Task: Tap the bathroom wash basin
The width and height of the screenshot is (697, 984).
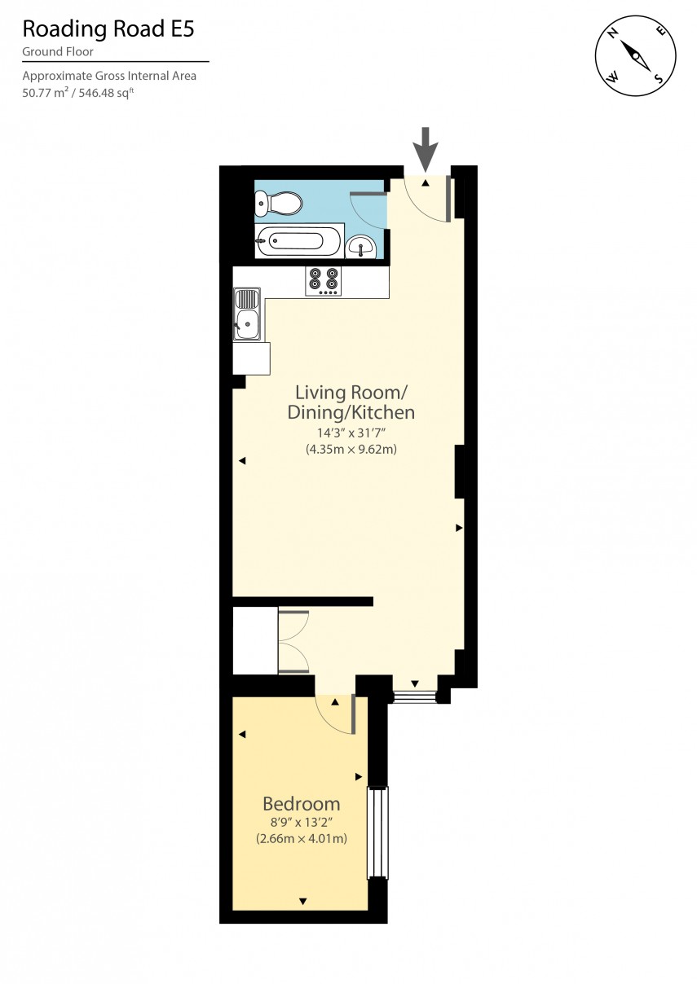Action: coord(360,245)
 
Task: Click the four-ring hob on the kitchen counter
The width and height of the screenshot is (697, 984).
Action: coord(323,280)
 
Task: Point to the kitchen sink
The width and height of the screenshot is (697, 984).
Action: coord(246,314)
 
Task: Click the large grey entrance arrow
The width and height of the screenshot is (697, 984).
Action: coord(425,149)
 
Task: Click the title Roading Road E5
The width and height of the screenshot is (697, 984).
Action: coord(108,30)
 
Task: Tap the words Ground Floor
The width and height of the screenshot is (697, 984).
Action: coord(57,52)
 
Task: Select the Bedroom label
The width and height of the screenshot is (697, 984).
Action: coord(301,804)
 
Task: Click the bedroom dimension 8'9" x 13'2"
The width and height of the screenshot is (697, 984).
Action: coord(301,822)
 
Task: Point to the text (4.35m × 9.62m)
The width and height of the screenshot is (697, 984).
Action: coord(351,449)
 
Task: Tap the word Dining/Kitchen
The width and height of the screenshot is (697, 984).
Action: coord(351,412)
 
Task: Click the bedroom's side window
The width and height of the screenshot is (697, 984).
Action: coord(377,832)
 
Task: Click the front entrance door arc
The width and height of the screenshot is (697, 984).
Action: coord(428,200)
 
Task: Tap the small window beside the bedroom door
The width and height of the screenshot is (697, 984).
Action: coord(414,696)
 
